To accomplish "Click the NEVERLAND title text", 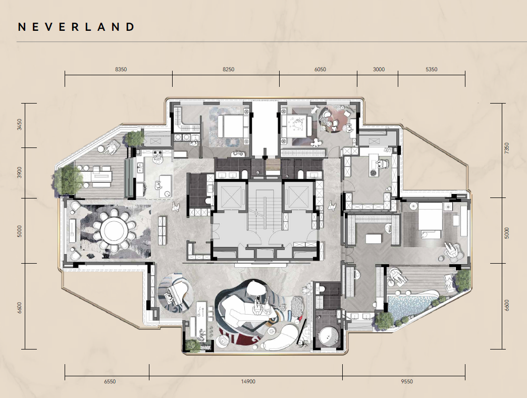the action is point(76,27).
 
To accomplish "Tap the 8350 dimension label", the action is point(121,69).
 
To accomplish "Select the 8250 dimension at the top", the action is point(229,69).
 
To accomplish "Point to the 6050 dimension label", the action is point(320,69).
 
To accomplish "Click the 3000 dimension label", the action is point(379,69).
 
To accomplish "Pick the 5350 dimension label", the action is point(432,69).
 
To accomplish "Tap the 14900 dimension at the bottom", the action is point(248,381).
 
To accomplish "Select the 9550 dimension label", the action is point(407,381).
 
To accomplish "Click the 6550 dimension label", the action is point(110,381).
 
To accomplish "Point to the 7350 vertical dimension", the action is point(507,148).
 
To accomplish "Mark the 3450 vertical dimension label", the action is point(20,125).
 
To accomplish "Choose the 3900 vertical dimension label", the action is point(20,172).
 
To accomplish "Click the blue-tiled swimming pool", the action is point(409,304).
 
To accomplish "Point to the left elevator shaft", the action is point(229,195).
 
